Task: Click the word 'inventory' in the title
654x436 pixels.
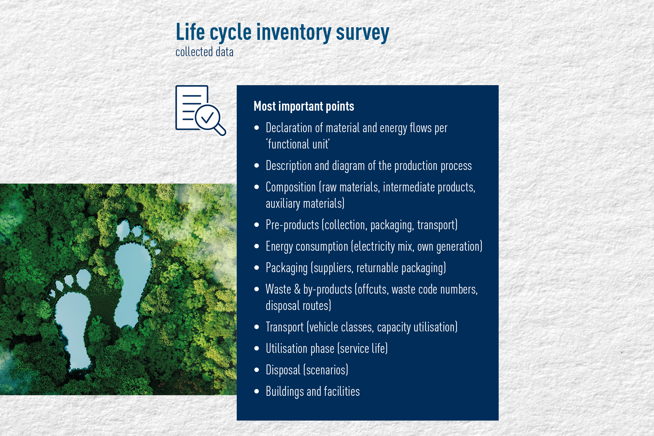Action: pos(294,33)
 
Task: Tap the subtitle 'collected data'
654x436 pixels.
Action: pos(204,52)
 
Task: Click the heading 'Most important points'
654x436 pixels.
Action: pos(304,106)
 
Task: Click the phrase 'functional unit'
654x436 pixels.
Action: pos(298,144)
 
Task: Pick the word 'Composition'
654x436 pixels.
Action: pos(291,187)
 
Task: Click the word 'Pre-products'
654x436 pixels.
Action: pos(292,225)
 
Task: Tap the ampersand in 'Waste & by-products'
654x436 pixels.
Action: pos(297,289)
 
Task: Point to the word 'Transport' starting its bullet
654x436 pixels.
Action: pos(284,327)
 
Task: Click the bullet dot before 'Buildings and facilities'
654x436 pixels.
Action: pos(256,391)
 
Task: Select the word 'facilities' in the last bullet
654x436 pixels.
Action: pos(342,391)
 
